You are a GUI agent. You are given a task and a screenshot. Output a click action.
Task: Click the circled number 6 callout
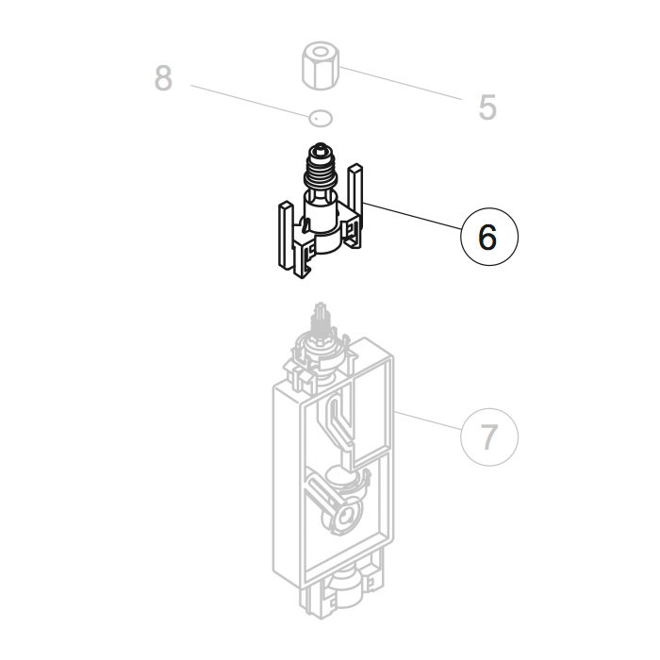tap(488, 238)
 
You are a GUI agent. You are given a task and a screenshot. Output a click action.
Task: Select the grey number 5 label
tap(487, 107)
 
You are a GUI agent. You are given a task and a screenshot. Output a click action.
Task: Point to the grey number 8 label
tap(163, 78)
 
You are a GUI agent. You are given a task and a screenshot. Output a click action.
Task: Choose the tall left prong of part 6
tap(283, 236)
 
